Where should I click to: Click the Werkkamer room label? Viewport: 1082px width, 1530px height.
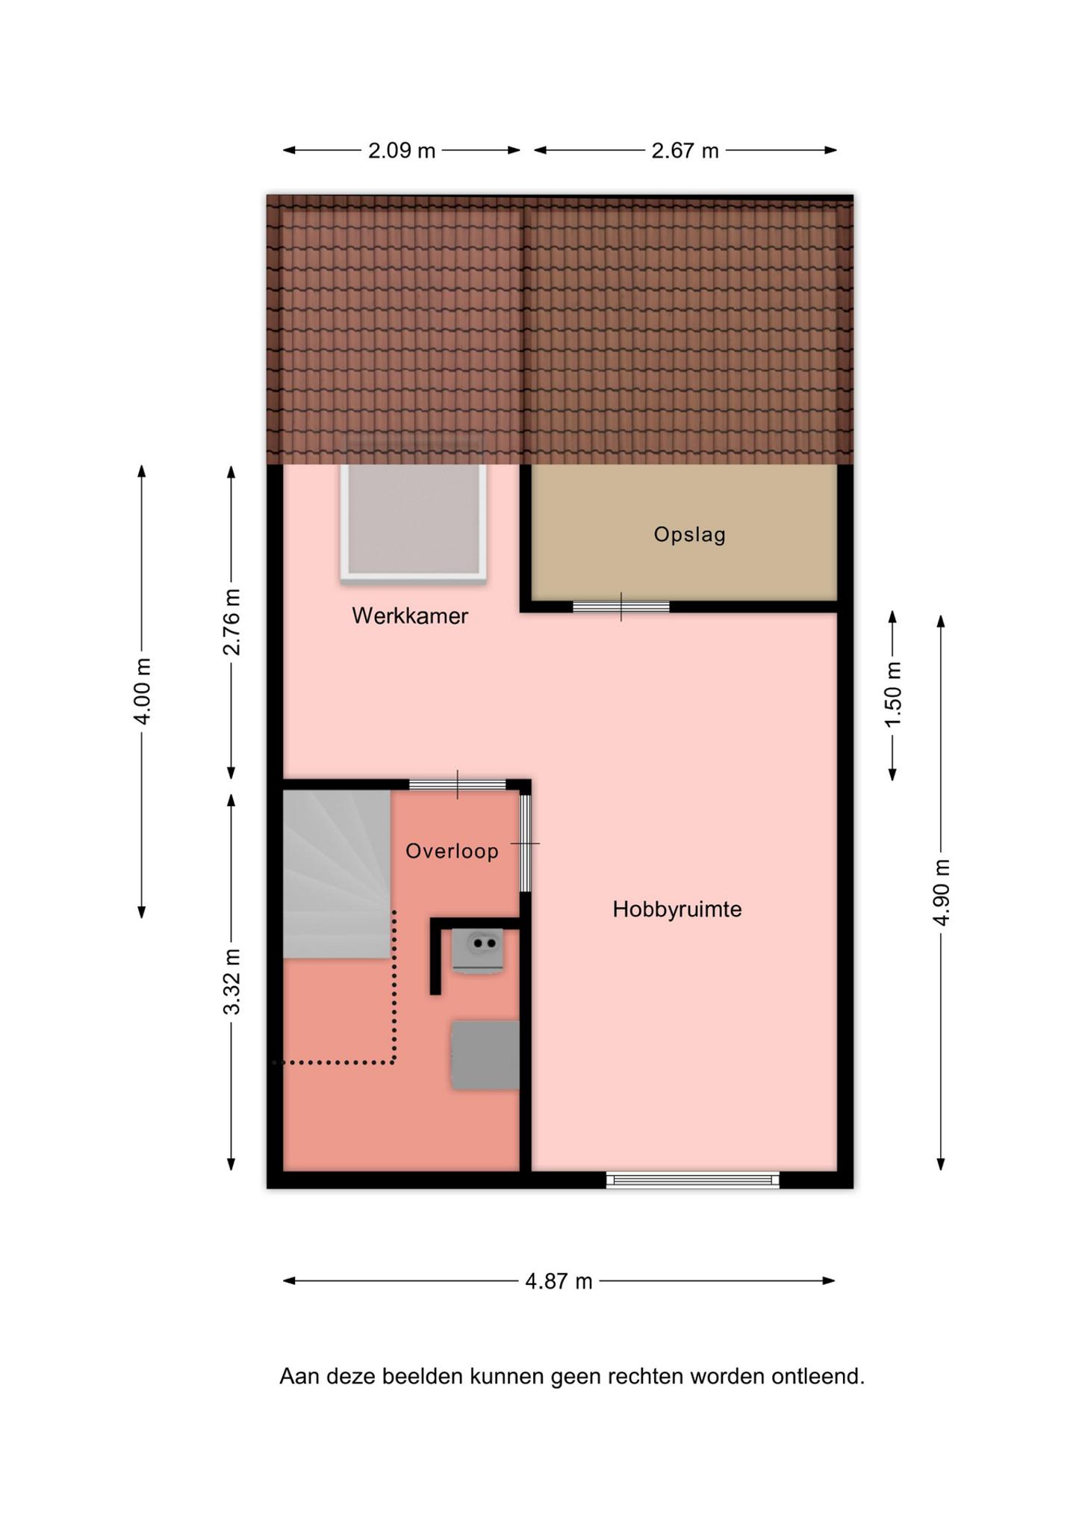point(410,616)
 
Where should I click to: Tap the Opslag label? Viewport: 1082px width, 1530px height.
point(689,535)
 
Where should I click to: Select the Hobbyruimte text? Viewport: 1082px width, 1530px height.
point(677,909)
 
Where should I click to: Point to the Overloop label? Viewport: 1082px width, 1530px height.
point(452,851)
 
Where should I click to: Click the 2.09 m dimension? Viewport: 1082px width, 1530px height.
point(402,151)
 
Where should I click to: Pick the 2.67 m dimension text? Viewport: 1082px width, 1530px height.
point(685,151)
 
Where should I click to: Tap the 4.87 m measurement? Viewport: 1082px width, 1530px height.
point(559,1281)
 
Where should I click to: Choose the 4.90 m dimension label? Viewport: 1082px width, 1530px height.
point(941,892)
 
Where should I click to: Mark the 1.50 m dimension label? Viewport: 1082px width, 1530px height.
point(892,694)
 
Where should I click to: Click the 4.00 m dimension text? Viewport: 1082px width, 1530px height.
point(142,691)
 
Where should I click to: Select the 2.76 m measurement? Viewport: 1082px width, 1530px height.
point(231,622)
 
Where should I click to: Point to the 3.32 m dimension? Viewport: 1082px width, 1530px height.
point(231,982)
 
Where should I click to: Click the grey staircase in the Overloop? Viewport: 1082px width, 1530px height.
point(337,874)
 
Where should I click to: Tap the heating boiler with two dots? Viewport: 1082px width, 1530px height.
point(477,951)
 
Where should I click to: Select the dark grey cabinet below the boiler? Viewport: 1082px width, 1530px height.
point(485,1055)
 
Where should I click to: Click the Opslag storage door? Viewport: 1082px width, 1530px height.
point(621,607)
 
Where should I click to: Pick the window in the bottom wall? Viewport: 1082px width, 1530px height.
point(693,1180)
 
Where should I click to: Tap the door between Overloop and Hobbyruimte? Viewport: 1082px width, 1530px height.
point(526,843)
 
